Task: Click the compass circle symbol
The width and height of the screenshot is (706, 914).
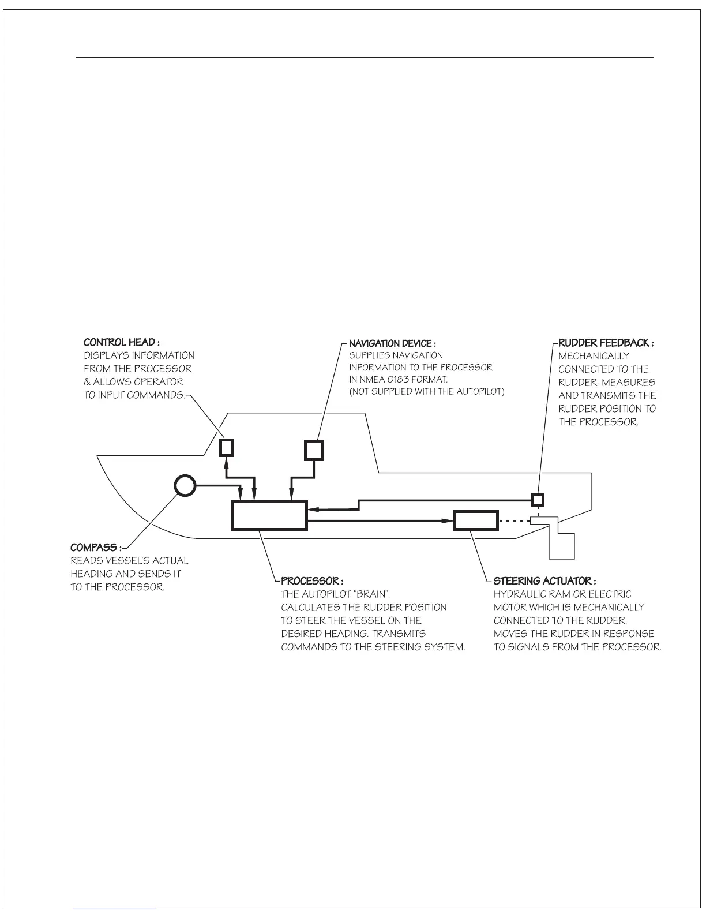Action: pyautogui.click(x=186, y=486)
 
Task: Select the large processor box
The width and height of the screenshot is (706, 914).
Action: pyautogui.click(x=269, y=515)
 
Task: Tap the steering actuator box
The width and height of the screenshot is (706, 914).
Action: pyautogui.click(x=476, y=520)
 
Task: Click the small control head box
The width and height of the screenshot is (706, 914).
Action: pyautogui.click(x=227, y=448)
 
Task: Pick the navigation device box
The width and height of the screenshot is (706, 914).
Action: pyautogui.click(x=314, y=449)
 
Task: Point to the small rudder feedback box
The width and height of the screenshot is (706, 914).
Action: pyautogui.click(x=538, y=499)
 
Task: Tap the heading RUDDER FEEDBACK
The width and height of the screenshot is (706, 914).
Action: pyautogui.click(x=605, y=343)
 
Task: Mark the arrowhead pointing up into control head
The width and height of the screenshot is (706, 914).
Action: pyautogui.click(x=227, y=461)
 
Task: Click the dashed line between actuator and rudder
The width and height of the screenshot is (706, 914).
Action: pyautogui.click(x=513, y=520)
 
